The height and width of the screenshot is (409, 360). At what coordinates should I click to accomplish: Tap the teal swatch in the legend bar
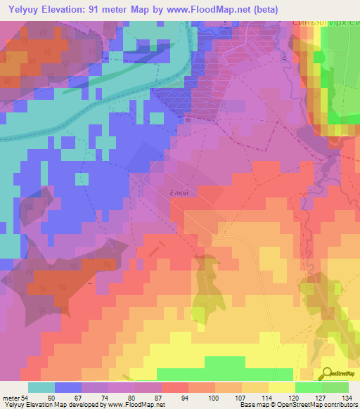pos(41,387)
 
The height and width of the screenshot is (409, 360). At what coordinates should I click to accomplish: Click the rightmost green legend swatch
pos(335,387)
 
